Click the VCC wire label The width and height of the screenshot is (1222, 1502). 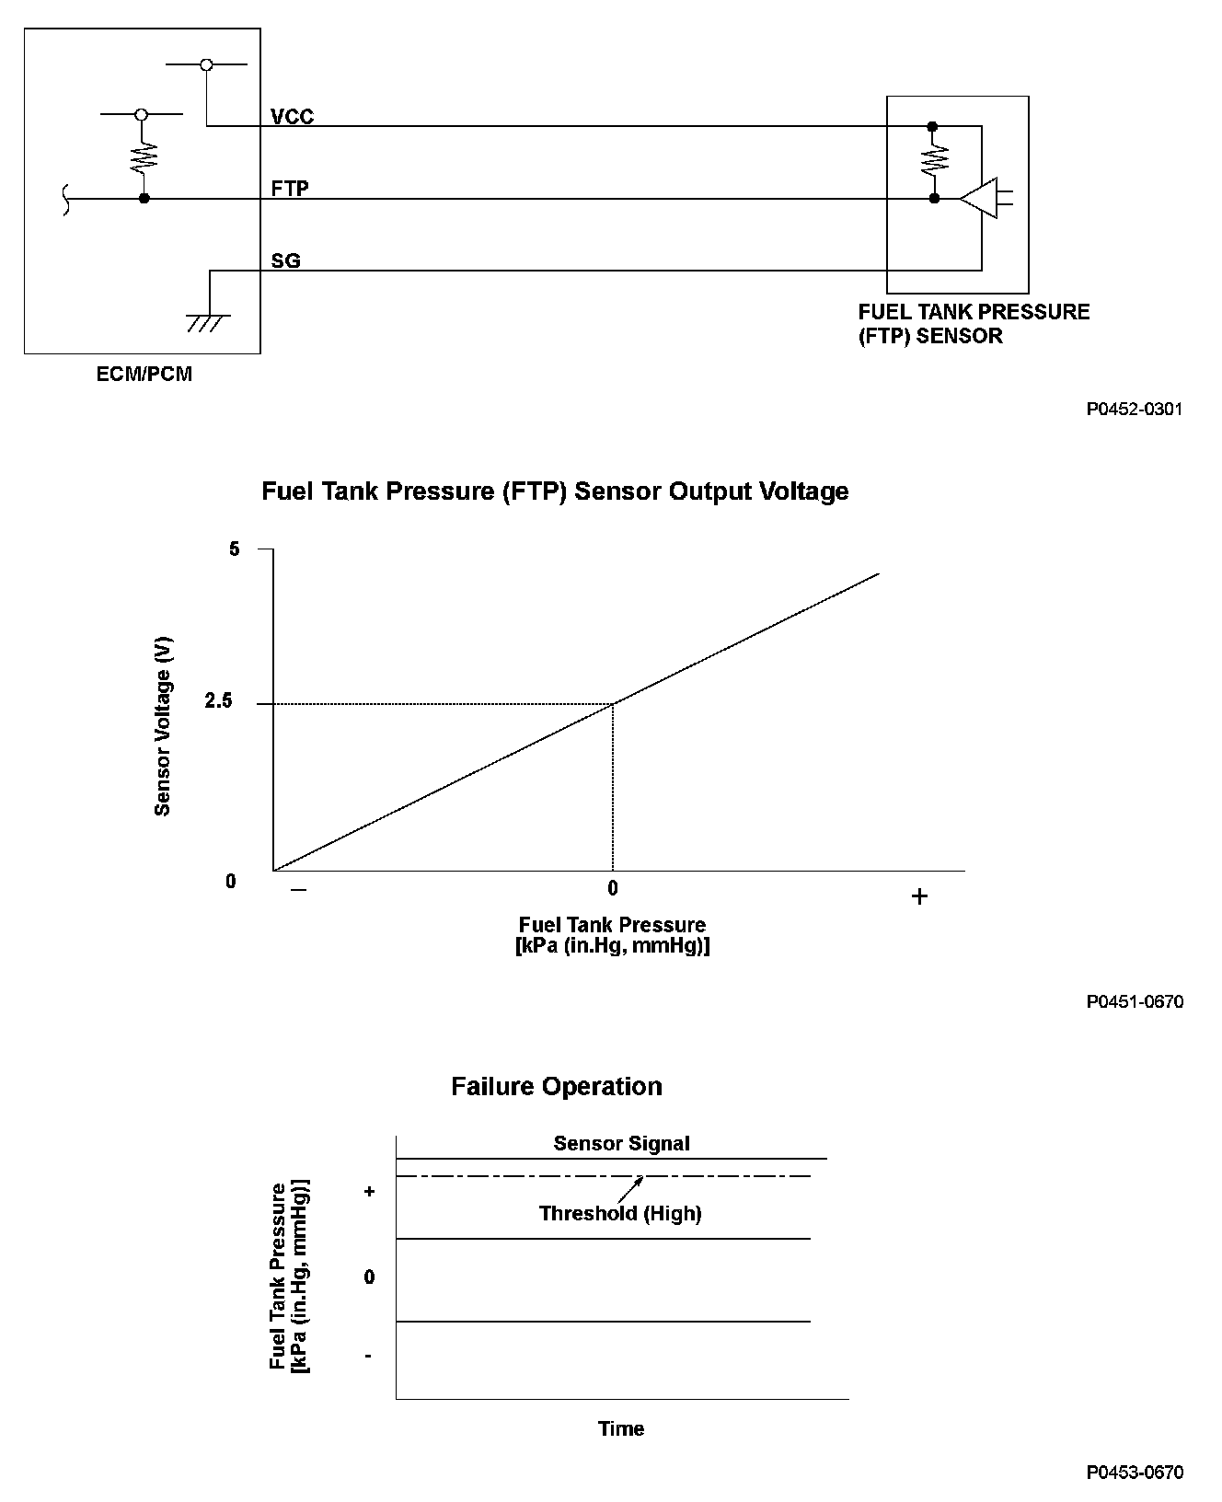pos(292,117)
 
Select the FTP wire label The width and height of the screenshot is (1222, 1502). pos(290,189)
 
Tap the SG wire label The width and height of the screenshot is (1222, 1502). pos(285,261)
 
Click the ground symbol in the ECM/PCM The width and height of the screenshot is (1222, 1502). pos(208,322)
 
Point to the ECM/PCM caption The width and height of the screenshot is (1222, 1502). pos(144,375)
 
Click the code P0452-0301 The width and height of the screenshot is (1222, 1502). pos(1134,409)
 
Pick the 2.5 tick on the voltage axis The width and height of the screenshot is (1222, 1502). pos(219,702)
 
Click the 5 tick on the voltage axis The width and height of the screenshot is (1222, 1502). pos(234,549)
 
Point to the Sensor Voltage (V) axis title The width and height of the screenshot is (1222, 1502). pos(163,727)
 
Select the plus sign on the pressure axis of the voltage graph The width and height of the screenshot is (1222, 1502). pos(919,896)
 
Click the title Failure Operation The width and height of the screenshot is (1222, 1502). pos(556,1087)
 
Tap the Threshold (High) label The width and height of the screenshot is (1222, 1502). pos(620,1214)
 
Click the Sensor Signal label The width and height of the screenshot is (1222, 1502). pos(621,1144)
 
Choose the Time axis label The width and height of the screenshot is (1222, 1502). pos(621,1429)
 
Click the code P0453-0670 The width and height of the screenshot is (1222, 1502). pos(1134,1473)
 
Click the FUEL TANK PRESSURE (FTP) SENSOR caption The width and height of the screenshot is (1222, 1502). pos(973,324)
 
